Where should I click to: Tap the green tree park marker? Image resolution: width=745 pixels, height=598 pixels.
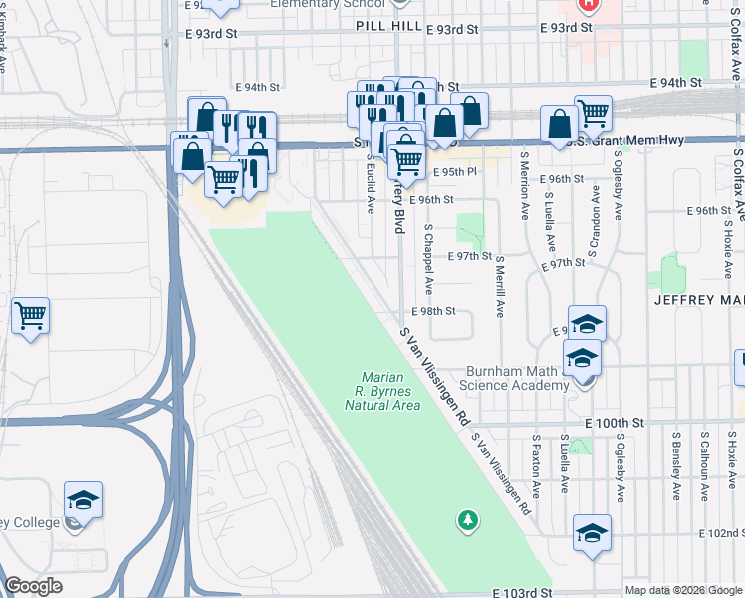pos(467,519)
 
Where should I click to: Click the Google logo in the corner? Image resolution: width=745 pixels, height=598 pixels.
pos(33,586)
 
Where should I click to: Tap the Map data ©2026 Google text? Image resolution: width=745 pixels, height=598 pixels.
pos(683,590)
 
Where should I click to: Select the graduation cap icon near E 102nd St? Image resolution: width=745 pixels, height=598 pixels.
pos(592,533)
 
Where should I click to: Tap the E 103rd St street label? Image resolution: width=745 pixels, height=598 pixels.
pos(522,592)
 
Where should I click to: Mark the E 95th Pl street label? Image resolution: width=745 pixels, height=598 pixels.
pos(455,172)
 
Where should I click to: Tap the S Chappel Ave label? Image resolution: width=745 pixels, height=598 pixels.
pos(428,258)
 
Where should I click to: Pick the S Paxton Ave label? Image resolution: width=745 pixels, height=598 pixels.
pos(536,464)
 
